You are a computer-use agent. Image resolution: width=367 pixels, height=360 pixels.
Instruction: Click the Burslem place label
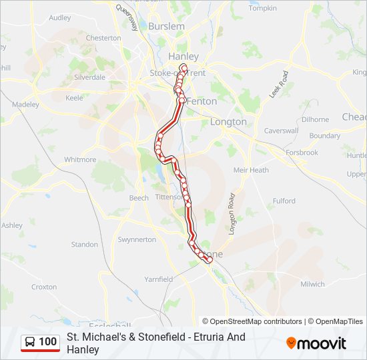pyautogui.click(x=166, y=26)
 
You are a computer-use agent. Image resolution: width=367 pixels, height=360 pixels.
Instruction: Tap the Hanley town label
pyautogui.click(x=183, y=57)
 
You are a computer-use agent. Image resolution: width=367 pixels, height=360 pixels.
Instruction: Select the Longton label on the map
pyautogui.click(x=228, y=122)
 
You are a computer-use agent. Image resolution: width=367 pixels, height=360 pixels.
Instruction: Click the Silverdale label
pyautogui.click(x=90, y=77)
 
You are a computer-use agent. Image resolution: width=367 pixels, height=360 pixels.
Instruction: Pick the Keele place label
pyautogui.click(x=74, y=98)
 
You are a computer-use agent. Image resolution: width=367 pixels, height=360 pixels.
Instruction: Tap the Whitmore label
pyautogui.click(x=80, y=160)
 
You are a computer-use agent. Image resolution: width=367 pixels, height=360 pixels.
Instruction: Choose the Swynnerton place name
pyautogui.click(x=136, y=239)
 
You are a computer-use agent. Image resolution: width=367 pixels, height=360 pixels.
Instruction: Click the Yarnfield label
pyautogui.click(x=158, y=279)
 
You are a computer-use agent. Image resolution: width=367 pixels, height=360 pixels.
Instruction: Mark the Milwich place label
pyautogui.click(x=312, y=284)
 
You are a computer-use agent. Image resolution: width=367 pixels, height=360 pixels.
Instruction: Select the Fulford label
pyautogui.click(x=284, y=201)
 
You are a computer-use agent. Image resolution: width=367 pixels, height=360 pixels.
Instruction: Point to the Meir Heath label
pyautogui.click(x=251, y=170)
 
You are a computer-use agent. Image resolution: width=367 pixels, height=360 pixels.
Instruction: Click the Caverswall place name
pyautogui.click(x=280, y=131)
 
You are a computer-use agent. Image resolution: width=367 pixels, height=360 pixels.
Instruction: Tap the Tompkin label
pyautogui.click(x=262, y=8)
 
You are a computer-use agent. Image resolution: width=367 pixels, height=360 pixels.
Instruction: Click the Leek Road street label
pyautogui.click(x=279, y=85)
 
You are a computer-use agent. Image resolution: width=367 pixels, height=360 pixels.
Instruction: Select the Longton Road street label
pyautogui.click(x=232, y=213)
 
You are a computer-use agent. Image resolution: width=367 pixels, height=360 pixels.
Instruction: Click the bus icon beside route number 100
pyautogui.click(x=30, y=342)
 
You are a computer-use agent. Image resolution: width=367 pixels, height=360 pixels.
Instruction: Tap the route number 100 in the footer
pyautogui.click(x=48, y=342)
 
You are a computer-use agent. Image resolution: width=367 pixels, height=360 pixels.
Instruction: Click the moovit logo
pyautogui.click(x=316, y=343)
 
